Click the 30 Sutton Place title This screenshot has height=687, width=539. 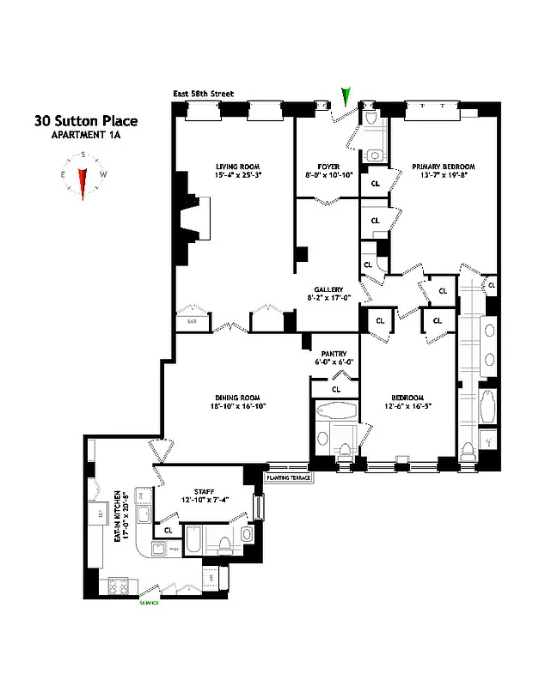click(x=85, y=121)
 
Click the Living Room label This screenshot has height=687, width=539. click(x=237, y=167)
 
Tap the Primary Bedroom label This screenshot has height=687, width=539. click(x=443, y=167)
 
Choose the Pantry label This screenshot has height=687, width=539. click(x=333, y=353)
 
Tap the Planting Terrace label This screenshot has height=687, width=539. click(x=287, y=477)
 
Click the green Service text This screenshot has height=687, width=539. click(x=150, y=603)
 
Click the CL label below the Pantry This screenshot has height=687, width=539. click(x=335, y=389)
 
